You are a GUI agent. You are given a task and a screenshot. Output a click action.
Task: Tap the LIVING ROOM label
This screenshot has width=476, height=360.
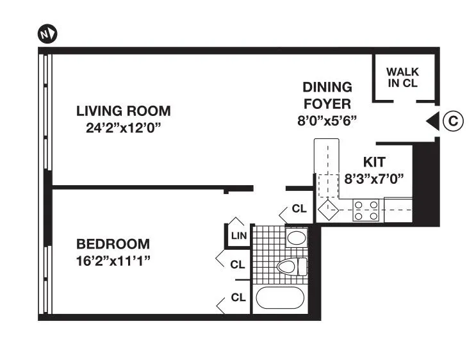click(x=123, y=111)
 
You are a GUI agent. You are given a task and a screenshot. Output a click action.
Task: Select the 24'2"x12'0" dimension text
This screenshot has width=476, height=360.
click(x=123, y=127)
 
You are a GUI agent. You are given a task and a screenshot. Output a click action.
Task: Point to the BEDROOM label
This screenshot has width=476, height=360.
click(x=113, y=244)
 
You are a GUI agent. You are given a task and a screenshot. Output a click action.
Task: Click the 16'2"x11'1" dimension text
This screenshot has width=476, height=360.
click(x=113, y=260)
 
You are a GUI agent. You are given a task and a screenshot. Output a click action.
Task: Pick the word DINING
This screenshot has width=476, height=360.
click(x=327, y=87)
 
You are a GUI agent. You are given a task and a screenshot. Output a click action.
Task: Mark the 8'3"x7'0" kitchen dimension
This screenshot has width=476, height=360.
click(x=375, y=180)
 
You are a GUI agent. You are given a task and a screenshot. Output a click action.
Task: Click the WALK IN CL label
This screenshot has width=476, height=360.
click(x=402, y=78)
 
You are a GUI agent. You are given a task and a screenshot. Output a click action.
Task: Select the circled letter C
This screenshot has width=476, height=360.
click(x=453, y=120)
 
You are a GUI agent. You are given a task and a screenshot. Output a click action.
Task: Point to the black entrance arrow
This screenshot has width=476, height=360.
click(x=432, y=120)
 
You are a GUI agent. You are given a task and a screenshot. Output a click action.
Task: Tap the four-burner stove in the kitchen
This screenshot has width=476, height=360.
click(x=366, y=211)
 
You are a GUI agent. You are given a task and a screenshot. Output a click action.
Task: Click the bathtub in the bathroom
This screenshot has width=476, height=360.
click(x=281, y=299)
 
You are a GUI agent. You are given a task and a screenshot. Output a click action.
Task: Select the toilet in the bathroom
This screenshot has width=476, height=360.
click(x=288, y=266)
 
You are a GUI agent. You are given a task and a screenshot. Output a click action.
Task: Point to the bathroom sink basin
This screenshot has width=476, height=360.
click(x=295, y=238)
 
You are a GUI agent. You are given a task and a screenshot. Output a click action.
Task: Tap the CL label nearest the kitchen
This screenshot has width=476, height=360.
click(x=299, y=209)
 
